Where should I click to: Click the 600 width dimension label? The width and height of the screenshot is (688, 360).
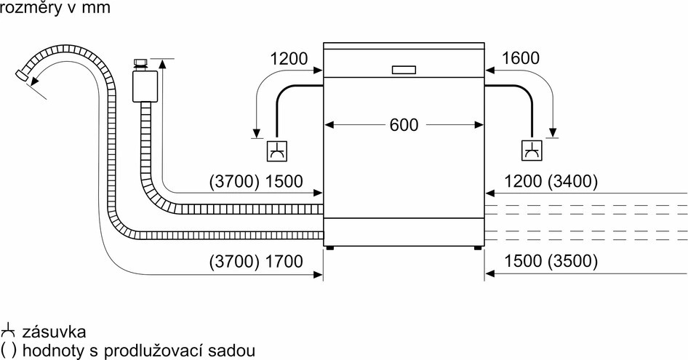coord(404,124)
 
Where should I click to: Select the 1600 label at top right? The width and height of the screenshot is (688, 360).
coord(521,58)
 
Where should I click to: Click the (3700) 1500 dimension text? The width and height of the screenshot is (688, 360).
coord(255,181)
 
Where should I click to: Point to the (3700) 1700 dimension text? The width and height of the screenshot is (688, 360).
coord(255,261)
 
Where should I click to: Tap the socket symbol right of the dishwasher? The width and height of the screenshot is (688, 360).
coord(532,151)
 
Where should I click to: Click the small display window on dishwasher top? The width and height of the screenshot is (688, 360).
coord(404,70)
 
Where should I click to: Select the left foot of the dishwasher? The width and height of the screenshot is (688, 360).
coord(331,247)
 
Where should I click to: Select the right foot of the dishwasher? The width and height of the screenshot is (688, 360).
coord(477,247)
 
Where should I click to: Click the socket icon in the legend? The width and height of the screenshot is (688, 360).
coord(9,331)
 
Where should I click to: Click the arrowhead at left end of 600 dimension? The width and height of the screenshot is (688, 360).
coord(329,125)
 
